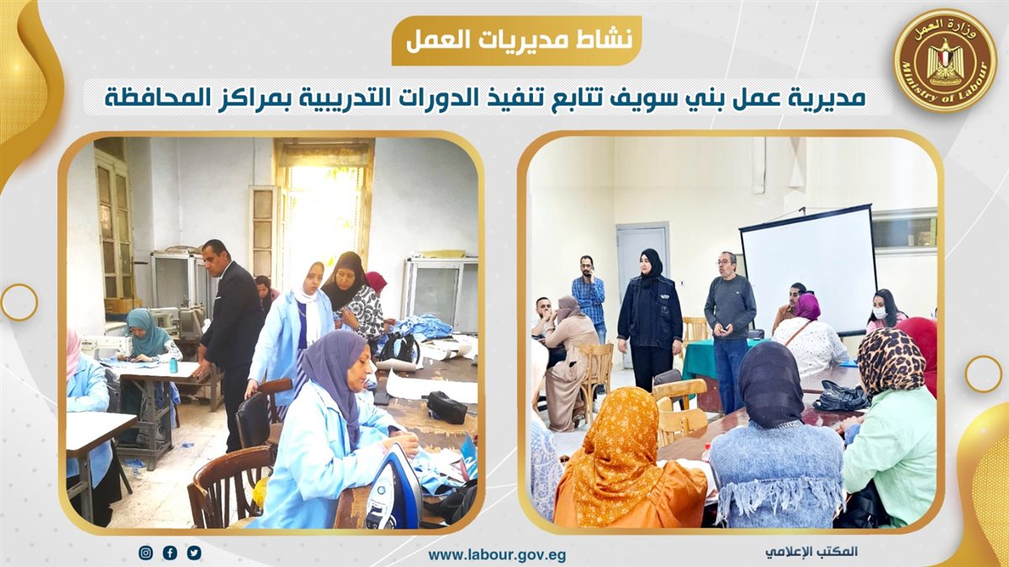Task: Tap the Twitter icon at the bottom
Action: pos(194,553)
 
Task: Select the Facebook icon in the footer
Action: pos(170,553)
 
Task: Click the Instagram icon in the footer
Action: pos(145,553)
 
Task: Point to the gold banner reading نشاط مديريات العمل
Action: pos(516,40)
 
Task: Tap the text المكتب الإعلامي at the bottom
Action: pos(811,551)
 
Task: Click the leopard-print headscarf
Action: pos(885,361)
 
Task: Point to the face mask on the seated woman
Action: pos(880,313)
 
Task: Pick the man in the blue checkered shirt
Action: pos(589,297)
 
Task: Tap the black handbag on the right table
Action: pos(840,395)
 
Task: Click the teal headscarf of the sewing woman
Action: pos(145,331)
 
